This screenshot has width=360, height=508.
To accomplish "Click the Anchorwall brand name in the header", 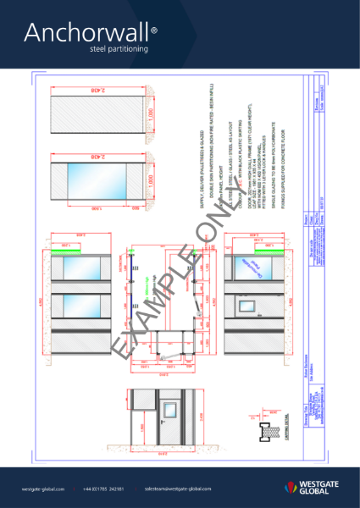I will (x=86, y=33).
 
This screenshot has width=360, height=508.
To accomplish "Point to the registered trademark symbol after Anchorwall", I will (x=153, y=30).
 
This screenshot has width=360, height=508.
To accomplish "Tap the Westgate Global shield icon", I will (x=291, y=486).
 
